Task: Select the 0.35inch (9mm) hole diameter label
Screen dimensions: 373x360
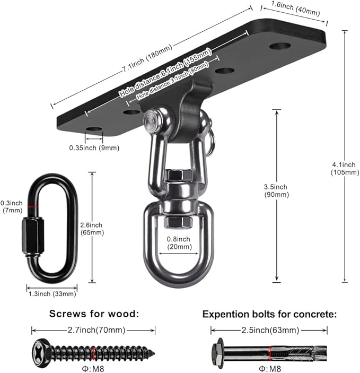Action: click(x=94, y=148)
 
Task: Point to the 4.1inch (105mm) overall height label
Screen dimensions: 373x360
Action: click(x=339, y=169)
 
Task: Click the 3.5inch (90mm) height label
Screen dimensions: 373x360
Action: click(x=276, y=190)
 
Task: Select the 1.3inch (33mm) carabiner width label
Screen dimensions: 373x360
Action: click(x=52, y=293)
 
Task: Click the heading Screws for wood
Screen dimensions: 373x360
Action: click(x=94, y=314)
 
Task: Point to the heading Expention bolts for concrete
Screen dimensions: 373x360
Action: click(x=269, y=314)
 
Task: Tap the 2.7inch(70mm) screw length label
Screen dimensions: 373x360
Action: click(x=93, y=329)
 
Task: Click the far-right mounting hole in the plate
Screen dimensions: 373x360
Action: click(x=279, y=46)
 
